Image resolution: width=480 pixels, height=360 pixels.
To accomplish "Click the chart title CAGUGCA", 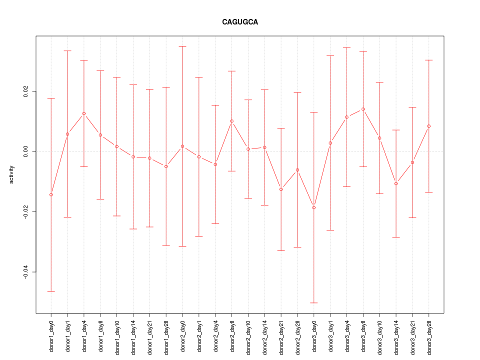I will click(x=240, y=22).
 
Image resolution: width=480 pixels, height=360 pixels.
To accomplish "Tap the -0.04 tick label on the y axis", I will click(x=26, y=272).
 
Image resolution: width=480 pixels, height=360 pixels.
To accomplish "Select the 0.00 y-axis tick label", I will click(x=26, y=151).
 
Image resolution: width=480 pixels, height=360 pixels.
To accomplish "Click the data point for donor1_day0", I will click(x=51, y=194).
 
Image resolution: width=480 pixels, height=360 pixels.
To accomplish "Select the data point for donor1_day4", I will click(x=84, y=113).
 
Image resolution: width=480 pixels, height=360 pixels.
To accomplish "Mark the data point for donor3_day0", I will click(x=314, y=207).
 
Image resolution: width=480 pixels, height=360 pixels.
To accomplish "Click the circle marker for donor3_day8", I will click(x=363, y=109).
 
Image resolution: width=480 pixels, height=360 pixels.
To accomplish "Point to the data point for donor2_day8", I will click(x=232, y=121).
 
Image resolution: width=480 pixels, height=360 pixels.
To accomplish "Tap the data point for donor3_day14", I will click(x=396, y=183).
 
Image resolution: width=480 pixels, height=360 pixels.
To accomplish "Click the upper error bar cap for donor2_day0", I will click(x=182, y=46).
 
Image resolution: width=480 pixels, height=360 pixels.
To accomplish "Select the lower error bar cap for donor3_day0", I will click(x=314, y=303).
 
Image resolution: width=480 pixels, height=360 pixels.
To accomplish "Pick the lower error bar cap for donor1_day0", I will click(x=51, y=291).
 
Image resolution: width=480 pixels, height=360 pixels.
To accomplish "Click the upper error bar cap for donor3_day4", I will click(x=346, y=47).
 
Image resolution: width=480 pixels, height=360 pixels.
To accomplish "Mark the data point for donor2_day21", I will click(x=281, y=189).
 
